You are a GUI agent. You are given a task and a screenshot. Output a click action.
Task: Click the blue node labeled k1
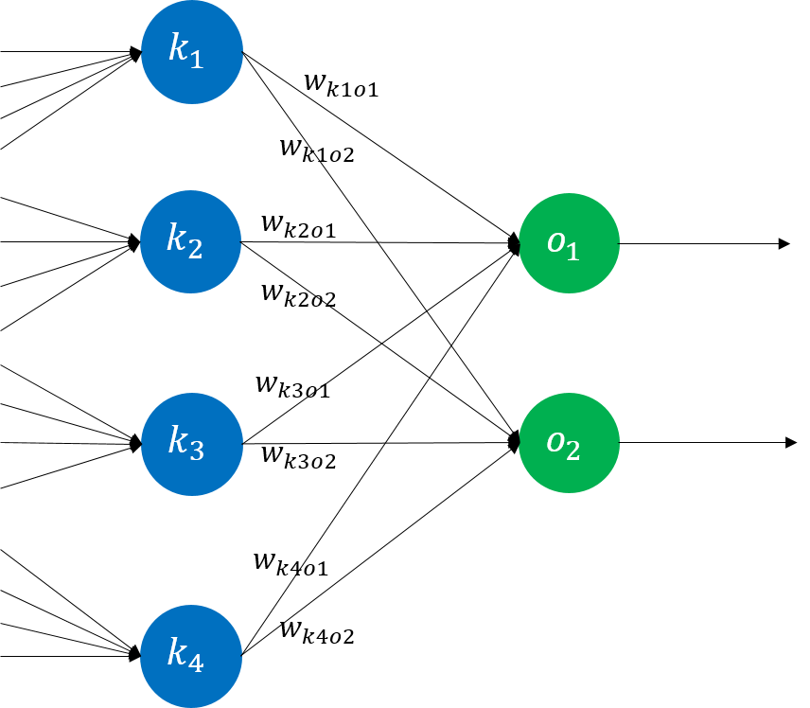[192, 52]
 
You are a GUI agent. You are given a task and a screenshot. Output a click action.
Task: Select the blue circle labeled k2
[191, 242]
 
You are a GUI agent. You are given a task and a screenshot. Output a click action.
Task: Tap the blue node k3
[192, 444]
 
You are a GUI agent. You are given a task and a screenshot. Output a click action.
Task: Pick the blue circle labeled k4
[191, 656]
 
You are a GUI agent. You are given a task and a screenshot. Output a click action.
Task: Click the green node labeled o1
[569, 243]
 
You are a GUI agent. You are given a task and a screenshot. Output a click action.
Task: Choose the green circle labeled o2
[569, 443]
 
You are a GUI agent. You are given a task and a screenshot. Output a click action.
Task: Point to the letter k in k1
[178, 47]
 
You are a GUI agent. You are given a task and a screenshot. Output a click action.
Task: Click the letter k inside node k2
[177, 238]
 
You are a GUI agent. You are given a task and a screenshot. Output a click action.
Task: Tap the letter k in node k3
[178, 439]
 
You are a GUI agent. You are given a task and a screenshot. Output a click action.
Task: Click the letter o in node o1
[556, 241]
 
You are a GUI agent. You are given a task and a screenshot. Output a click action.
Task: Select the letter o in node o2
[556, 441]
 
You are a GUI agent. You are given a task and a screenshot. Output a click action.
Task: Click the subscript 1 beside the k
[196, 59]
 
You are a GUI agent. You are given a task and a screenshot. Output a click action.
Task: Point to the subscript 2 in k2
[195, 249]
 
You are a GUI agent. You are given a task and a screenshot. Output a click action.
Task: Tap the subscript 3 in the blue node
[196, 451]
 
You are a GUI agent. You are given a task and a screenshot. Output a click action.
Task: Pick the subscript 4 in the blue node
[195, 663]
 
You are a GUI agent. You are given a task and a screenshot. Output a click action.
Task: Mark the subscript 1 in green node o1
[572, 251]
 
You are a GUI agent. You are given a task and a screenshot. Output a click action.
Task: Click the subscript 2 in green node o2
[572, 451]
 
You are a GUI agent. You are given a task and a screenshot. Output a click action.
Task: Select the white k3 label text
[186, 443]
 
